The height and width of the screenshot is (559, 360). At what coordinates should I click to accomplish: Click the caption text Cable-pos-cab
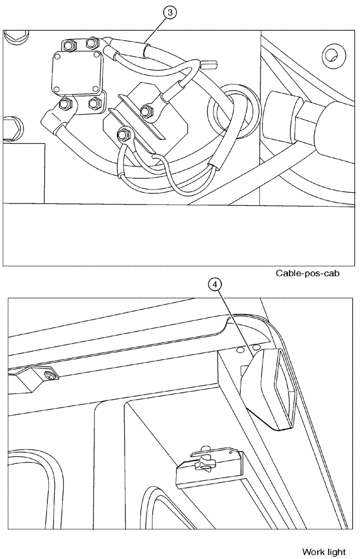[x=307, y=273]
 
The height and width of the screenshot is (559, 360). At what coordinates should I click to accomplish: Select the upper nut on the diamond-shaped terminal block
[x=148, y=111]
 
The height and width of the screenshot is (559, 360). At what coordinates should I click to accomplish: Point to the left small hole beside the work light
[x=240, y=349]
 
